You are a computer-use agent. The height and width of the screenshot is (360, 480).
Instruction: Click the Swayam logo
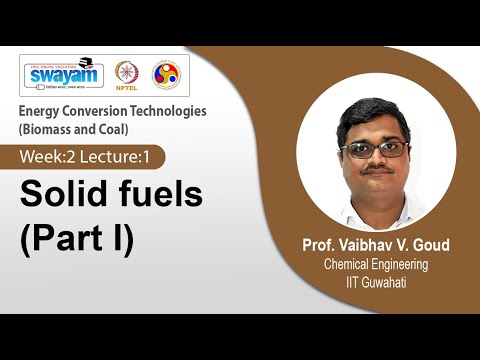click(x=63, y=73)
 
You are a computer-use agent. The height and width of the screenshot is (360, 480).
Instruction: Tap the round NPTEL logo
click(x=127, y=74)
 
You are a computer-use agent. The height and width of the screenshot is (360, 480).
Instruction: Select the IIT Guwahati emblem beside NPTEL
click(x=165, y=74)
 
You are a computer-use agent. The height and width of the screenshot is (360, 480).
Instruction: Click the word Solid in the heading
click(x=66, y=195)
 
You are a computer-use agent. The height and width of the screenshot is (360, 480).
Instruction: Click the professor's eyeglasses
click(x=373, y=149)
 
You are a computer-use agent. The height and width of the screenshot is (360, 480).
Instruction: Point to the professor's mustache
click(x=376, y=169)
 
